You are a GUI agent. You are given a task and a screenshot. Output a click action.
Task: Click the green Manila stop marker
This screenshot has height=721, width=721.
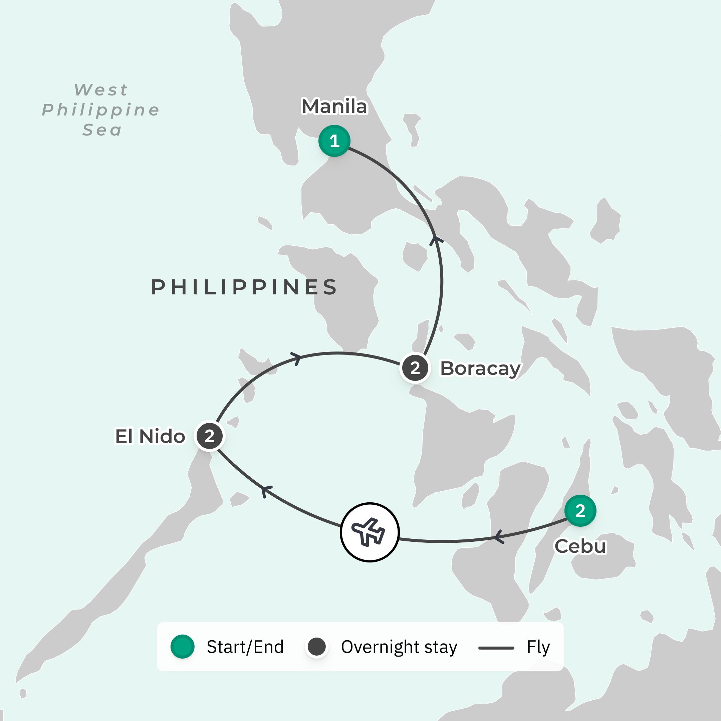[x=334, y=141]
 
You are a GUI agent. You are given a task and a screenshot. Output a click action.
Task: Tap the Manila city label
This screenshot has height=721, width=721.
[x=334, y=106]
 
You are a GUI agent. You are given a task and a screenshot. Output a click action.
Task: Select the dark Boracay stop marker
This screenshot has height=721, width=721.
[x=415, y=368]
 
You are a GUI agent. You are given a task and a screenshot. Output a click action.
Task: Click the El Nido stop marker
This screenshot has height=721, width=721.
[x=209, y=436]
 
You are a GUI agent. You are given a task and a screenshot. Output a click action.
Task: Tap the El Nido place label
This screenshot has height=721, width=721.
[x=150, y=436]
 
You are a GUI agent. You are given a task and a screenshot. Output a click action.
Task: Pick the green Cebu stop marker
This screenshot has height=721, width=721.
[x=580, y=510]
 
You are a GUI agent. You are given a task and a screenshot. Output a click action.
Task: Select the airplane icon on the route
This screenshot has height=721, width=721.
[x=370, y=532]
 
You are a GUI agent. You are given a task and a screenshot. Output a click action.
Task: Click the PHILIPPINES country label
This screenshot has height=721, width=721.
[x=244, y=287]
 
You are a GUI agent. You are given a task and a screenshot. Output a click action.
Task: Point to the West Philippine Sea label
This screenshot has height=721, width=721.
[x=101, y=110]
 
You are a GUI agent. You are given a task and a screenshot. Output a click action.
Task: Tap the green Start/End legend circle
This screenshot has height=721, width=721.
[x=182, y=646]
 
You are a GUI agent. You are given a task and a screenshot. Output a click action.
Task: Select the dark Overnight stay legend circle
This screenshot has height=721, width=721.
[x=316, y=646]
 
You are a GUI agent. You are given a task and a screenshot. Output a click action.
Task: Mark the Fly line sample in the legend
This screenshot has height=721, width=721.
[x=496, y=648]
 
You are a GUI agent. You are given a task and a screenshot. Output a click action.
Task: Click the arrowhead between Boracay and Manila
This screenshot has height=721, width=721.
[x=435, y=240]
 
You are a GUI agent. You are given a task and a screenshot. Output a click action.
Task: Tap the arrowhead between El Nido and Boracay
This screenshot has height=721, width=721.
[x=296, y=358]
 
